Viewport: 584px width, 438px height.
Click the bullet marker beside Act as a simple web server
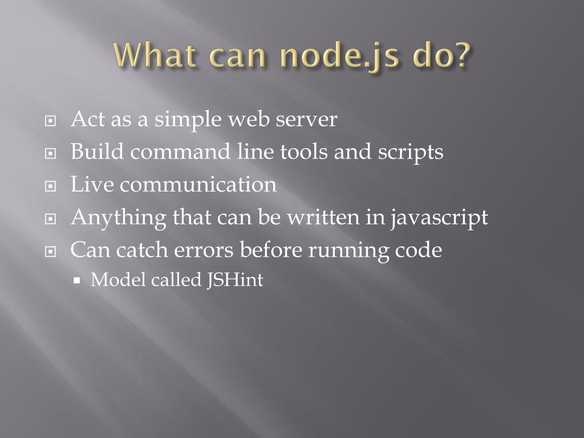tap(51, 121)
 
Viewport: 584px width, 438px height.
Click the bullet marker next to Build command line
tap(51, 154)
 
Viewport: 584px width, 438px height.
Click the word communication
tap(198, 185)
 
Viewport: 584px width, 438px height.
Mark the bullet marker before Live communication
tap(51, 186)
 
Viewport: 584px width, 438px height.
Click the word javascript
tap(439, 218)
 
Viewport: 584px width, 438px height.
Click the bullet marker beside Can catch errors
tap(51, 252)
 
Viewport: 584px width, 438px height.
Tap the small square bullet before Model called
tap(78, 281)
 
